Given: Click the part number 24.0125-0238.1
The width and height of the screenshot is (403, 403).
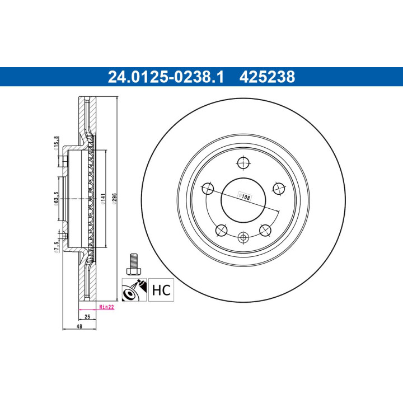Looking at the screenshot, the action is tap(166, 77).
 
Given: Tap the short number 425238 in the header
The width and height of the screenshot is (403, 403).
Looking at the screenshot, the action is tap(267, 77).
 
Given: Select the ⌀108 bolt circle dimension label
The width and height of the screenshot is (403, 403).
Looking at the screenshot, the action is tap(245, 196).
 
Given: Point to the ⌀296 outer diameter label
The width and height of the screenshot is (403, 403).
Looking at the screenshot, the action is tap(114, 199).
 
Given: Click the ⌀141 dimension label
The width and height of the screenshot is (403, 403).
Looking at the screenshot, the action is tap(102, 199).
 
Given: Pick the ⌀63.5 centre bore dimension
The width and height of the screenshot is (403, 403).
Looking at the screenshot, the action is tap(57, 199).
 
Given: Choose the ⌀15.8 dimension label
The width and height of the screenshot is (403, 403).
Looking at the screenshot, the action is tap(56, 143).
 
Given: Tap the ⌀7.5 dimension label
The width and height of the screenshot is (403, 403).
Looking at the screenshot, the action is tap(56, 247).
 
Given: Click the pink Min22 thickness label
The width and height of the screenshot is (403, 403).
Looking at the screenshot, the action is tap(106, 307).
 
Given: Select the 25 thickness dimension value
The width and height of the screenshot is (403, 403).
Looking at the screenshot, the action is tap(87, 317).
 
